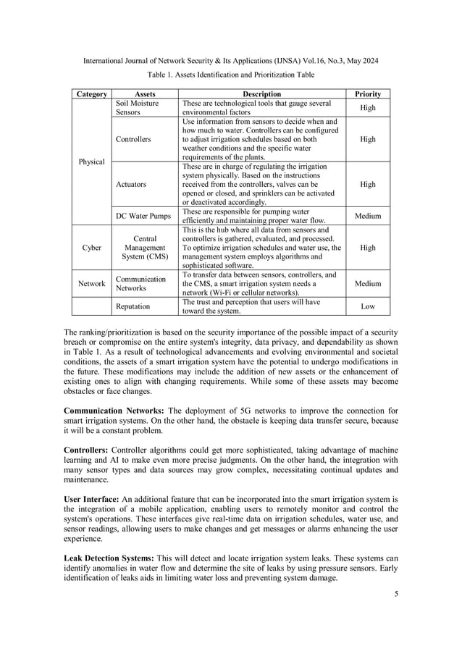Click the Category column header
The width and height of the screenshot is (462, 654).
92,94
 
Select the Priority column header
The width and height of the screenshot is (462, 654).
367,94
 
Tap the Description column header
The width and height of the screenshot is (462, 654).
261,94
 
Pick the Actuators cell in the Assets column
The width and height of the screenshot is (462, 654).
132,184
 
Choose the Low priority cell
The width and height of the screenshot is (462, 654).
367,306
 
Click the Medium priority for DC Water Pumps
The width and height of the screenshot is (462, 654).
367,216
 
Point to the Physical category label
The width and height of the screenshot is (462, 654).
92,161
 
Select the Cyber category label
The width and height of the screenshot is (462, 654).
92,247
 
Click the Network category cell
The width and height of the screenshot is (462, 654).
92,284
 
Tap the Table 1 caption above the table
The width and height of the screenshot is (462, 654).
231,75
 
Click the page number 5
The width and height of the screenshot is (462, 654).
396,594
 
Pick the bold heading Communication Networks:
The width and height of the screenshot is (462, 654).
114,409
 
